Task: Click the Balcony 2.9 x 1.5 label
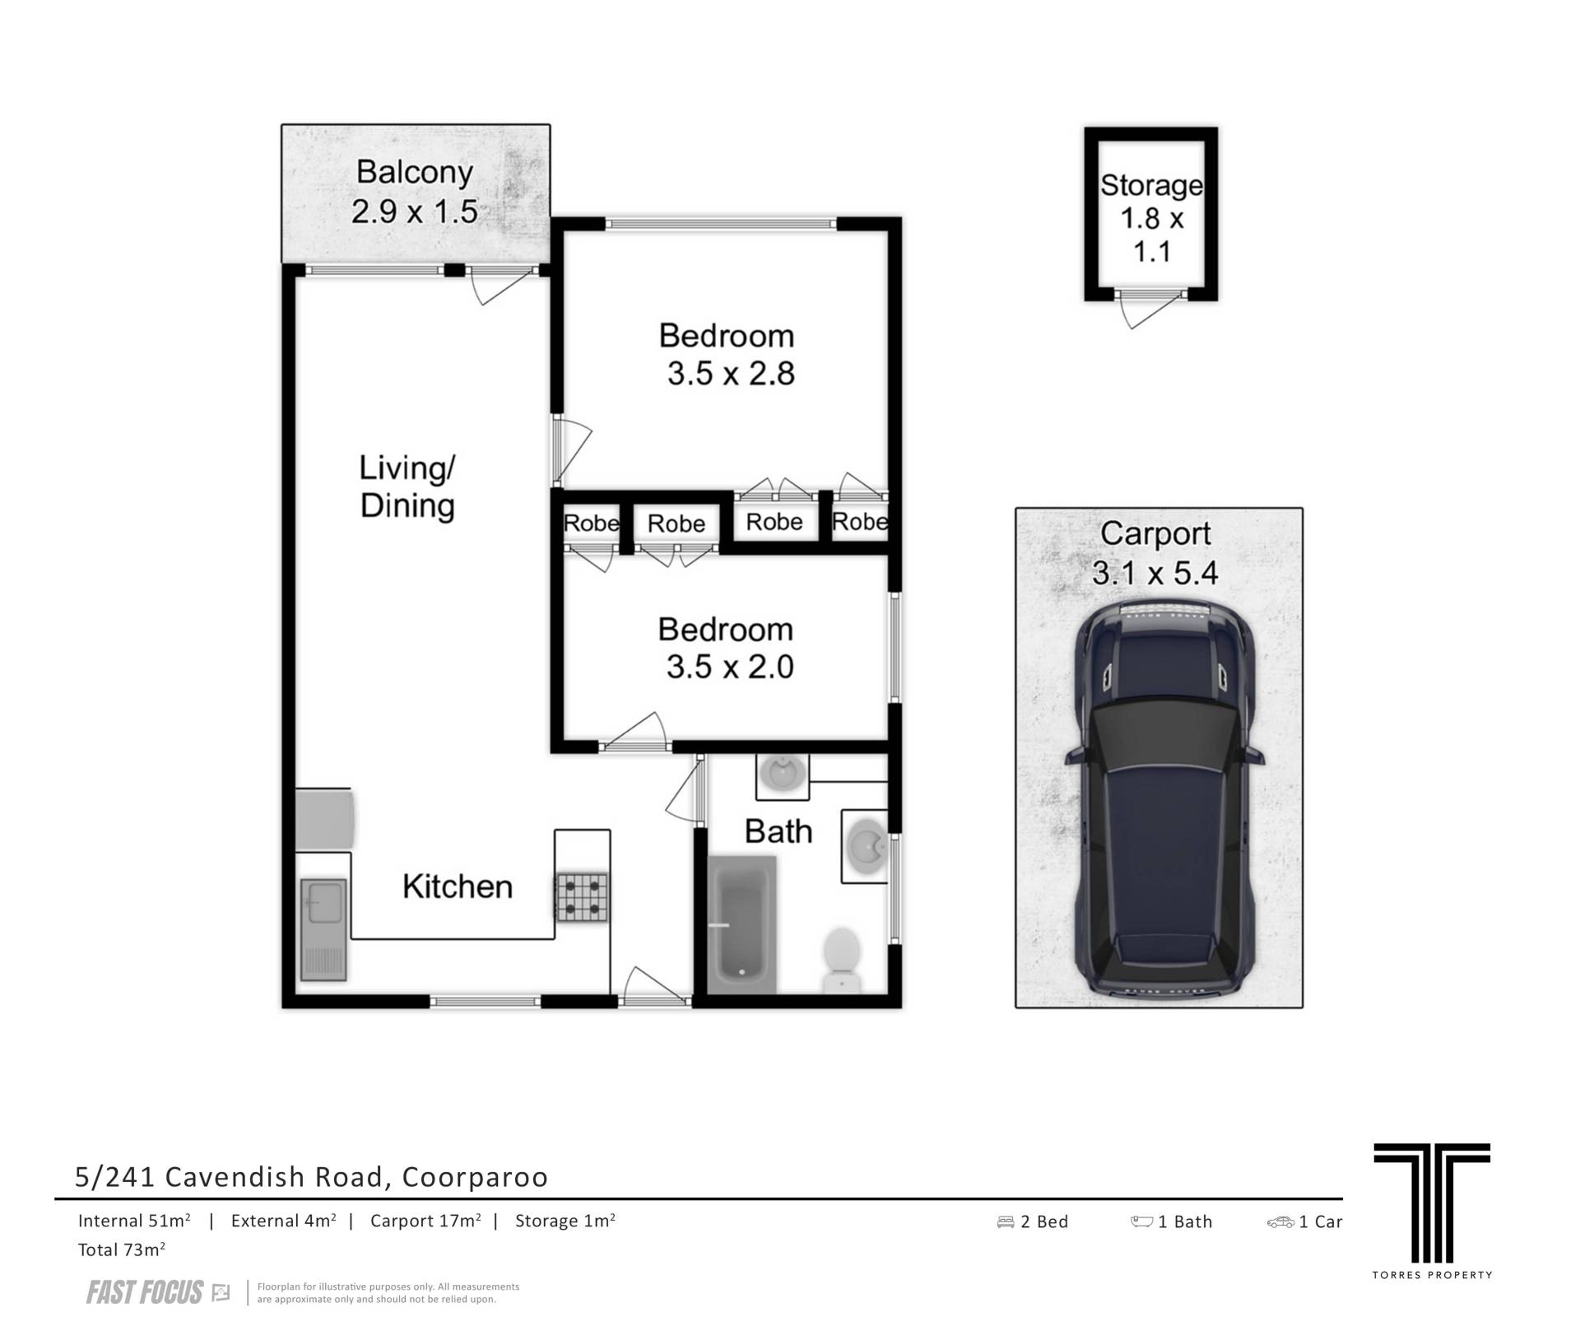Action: pyautogui.click(x=414, y=192)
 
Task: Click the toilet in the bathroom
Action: pyautogui.click(x=841, y=960)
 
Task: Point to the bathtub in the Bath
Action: pyautogui.click(x=742, y=924)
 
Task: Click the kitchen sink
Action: pyautogui.click(x=323, y=929)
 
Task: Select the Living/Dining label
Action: pyautogui.click(x=407, y=486)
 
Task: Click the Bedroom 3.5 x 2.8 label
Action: pyautogui.click(x=727, y=355)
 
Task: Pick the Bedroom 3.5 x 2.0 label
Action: pyautogui.click(x=727, y=648)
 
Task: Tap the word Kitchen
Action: pyautogui.click(x=458, y=886)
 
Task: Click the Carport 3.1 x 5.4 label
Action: pyautogui.click(x=1155, y=553)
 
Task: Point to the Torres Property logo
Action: pyautogui.click(x=1432, y=1210)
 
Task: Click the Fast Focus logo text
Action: pyautogui.click(x=145, y=1292)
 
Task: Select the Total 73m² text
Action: pyautogui.click(x=122, y=1249)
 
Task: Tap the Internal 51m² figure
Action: pyautogui.click(x=134, y=1221)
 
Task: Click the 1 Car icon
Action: pyautogui.click(x=1280, y=1222)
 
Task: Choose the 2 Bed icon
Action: pyautogui.click(x=1006, y=1222)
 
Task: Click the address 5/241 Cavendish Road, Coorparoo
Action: pyautogui.click(x=311, y=1177)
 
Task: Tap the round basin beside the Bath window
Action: pyautogui.click(x=865, y=846)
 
